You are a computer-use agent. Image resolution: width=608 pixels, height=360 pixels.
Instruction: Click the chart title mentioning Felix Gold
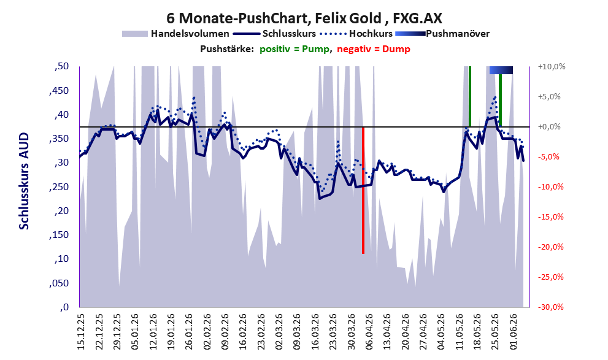[x=304, y=18]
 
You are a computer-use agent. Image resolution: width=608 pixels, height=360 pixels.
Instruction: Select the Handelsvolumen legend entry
[x=175, y=34]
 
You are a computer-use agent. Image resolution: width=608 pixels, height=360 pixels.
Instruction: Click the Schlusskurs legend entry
[x=274, y=34]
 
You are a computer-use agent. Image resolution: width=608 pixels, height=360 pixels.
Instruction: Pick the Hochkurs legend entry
[x=356, y=34]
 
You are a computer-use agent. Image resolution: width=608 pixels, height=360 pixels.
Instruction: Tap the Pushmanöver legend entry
[x=442, y=34]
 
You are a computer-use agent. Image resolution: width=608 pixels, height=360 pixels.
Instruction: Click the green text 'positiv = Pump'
[x=294, y=49]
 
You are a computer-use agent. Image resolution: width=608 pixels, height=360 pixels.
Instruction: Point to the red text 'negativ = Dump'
[x=374, y=49]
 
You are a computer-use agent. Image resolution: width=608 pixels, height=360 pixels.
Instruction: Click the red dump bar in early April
[x=363, y=190]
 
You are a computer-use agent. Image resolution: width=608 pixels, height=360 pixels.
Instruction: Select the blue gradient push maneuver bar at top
[x=501, y=70]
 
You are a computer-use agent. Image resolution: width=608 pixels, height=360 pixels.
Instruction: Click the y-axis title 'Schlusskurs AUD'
[x=24, y=181]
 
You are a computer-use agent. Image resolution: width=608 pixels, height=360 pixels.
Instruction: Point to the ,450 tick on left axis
[x=59, y=91]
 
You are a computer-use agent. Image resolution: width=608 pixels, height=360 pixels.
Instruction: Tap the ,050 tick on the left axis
[x=59, y=283]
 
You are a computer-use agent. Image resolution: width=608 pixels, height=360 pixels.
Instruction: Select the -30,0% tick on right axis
[x=550, y=307]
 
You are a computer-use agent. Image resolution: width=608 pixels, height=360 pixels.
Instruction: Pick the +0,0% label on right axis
[x=549, y=127]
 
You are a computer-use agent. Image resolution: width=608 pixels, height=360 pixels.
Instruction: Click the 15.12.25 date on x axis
[x=81, y=332]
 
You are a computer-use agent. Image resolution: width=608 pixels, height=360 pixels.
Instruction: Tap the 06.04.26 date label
[x=369, y=332]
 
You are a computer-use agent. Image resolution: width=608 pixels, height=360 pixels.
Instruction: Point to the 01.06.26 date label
[x=513, y=332]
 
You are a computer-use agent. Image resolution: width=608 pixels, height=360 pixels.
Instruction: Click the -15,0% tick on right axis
[x=550, y=217]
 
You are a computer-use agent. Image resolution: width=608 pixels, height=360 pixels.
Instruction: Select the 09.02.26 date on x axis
[x=225, y=332]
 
